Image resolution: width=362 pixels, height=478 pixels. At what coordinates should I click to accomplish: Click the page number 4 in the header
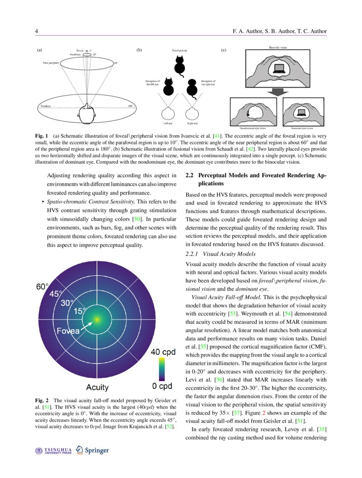point(36,32)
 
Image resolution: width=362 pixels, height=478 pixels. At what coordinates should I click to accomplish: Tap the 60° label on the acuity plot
point(43,287)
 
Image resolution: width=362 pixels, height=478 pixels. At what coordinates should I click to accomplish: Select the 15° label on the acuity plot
point(80,311)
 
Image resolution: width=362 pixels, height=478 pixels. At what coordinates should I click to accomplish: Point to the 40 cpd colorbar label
point(161,352)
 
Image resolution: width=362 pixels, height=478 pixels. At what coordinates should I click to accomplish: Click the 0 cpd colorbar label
point(162,386)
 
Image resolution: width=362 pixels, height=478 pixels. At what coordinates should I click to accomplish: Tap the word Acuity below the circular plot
point(97,387)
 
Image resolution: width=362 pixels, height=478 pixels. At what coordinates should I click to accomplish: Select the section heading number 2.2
point(190,176)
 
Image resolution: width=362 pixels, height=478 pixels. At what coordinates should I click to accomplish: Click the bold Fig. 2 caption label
point(42,401)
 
